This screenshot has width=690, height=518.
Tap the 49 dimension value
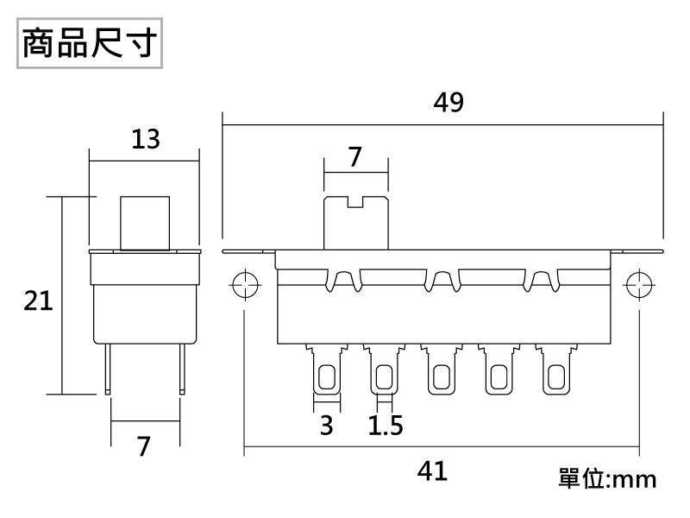click(448, 103)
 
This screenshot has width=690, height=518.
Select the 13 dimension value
click(146, 139)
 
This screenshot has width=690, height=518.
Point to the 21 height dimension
click(38, 301)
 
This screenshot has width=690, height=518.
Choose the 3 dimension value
click(326, 426)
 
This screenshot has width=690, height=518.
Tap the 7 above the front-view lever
click(354, 157)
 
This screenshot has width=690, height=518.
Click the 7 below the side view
click(144, 446)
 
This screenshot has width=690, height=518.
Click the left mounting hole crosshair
click(246, 284)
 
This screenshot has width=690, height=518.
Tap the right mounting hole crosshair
click(639, 284)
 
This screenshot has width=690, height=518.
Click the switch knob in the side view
click(145, 223)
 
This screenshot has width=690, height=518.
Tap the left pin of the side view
click(109, 367)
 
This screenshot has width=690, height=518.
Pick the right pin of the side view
click(181, 367)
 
